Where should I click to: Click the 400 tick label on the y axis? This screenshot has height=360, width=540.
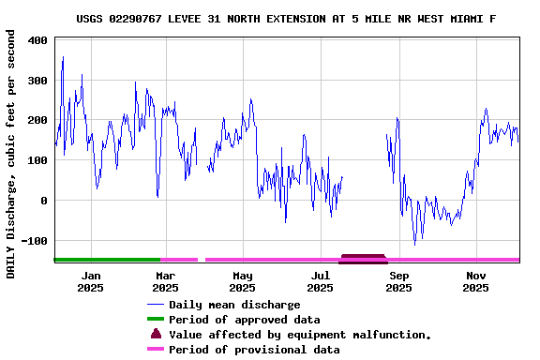tap(38, 40)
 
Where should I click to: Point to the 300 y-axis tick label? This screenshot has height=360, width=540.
tap(38, 81)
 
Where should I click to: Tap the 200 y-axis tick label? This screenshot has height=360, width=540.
tap(38, 120)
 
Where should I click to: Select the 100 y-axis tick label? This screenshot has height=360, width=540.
tap(38, 160)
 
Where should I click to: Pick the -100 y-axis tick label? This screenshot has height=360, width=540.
tap(36, 241)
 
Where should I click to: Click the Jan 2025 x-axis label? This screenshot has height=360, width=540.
tap(91, 281)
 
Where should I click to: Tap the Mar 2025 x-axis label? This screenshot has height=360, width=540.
tap(165, 281)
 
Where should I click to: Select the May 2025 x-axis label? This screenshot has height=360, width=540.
tap(243, 281)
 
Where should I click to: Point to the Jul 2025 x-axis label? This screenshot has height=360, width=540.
tap(321, 281)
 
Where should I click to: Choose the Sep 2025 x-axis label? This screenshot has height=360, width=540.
tap(398, 281)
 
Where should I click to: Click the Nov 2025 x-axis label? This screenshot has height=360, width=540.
tap(476, 281)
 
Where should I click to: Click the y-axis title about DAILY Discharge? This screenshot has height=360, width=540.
tap(11, 154)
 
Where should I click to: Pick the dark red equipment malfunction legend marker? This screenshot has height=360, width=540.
tap(156, 334)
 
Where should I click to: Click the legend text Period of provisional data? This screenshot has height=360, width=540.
tap(254, 350)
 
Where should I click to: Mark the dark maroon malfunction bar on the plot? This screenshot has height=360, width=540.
tap(363, 258)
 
